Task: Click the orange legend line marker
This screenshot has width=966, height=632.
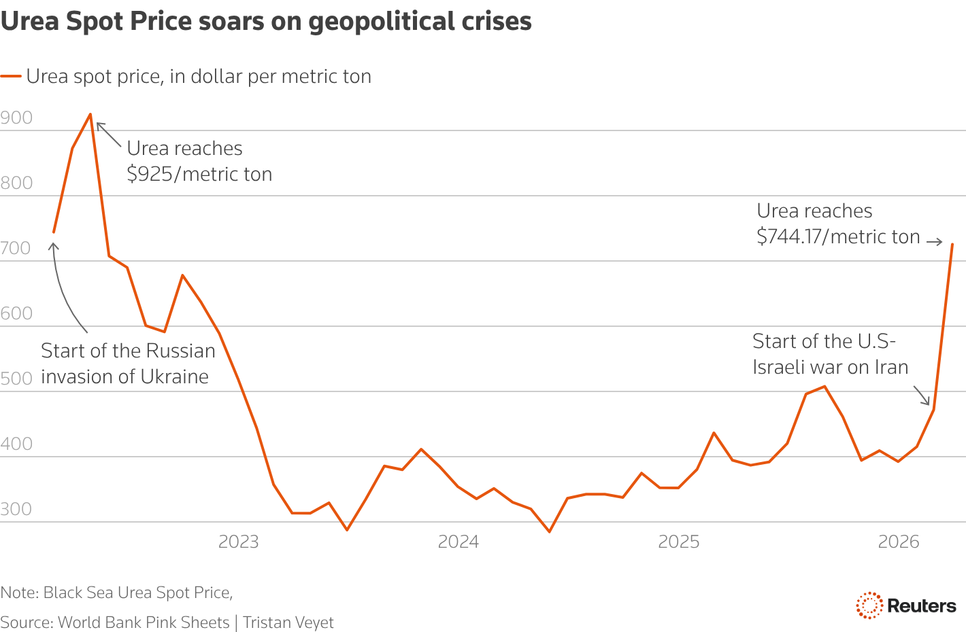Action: [x=11, y=76]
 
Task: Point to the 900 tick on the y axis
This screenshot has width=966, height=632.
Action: [x=16, y=118]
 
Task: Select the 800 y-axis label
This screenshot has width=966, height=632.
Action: [x=16, y=183]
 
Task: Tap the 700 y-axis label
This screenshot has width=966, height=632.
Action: [x=16, y=248]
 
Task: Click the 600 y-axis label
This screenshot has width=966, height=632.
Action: [x=16, y=313]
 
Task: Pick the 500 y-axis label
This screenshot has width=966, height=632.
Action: [x=16, y=379]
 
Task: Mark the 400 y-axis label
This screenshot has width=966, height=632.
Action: [x=16, y=444]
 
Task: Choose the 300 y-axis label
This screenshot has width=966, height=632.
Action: [x=16, y=509]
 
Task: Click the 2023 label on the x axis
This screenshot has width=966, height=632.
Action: [x=239, y=542]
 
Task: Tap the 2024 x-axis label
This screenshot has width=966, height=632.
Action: [x=459, y=542]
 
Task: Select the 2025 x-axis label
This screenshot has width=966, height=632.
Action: [x=679, y=542]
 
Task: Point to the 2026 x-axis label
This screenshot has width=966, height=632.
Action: [x=899, y=542]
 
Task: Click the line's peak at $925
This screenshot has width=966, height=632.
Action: [x=90, y=114]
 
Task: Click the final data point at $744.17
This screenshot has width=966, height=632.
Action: [x=952, y=244]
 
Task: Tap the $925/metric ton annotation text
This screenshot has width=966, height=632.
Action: [x=199, y=174]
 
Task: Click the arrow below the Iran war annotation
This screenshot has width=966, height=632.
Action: [x=922, y=396]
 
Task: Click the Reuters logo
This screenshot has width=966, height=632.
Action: [x=905, y=605]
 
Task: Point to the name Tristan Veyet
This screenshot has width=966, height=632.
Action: [x=288, y=622]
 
